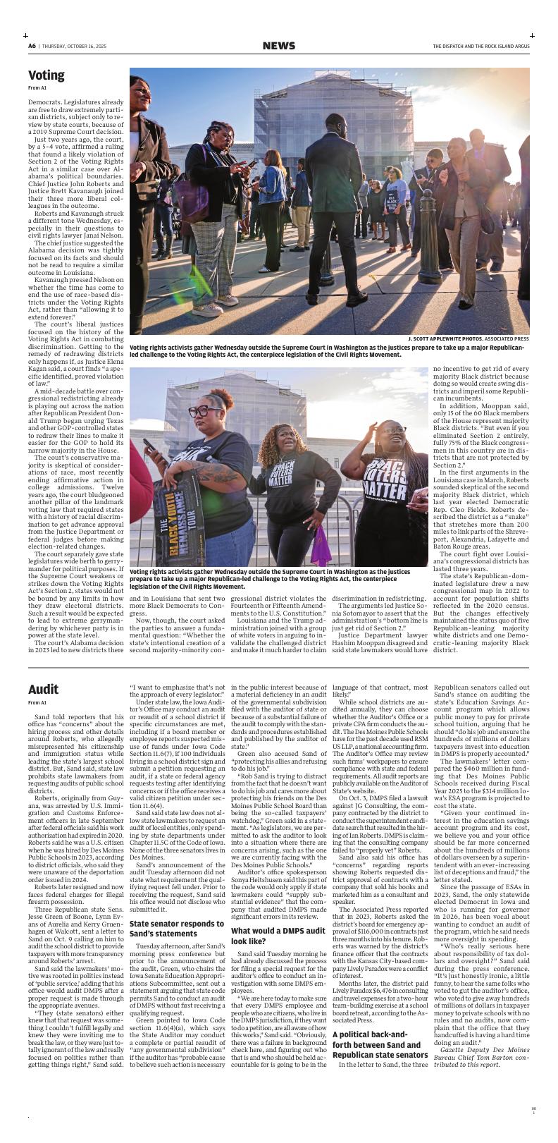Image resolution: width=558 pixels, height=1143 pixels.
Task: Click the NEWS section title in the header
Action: point(278,46)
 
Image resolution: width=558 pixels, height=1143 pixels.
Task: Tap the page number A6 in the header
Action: point(32,47)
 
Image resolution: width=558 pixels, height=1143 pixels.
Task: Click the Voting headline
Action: point(46,75)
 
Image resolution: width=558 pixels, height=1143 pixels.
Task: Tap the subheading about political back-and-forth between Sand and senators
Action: point(380,1055)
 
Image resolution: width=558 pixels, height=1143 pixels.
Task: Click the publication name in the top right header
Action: point(480,47)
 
